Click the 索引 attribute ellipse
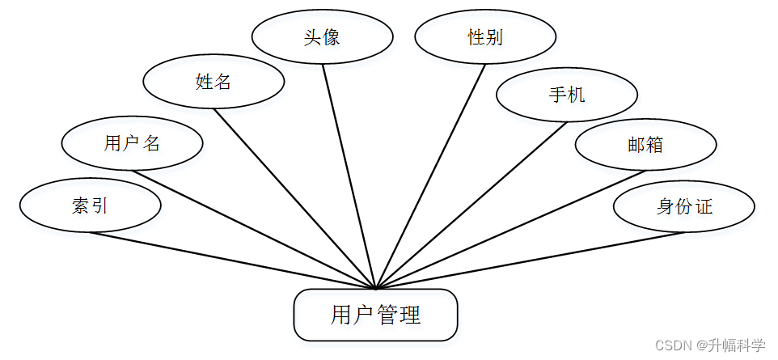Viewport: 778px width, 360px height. pyautogui.click(x=90, y=205)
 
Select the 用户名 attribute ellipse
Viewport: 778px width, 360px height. pyautogui.click(x=132, y=143)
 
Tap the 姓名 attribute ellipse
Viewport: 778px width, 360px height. pyautogui.click(x=214, y=81)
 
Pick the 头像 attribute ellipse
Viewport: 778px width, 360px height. pyautogui.click(x=322, y=37)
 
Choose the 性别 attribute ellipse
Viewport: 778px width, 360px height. pyautogui.click(x=485, y=37)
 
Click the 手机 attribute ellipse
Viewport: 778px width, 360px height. pyautogui.click(x=566, y=95)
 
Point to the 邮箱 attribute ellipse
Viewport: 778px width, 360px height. pyautogui.click(x=645, y=144)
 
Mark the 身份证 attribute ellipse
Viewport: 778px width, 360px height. pyautogui.click(x=684, y=205)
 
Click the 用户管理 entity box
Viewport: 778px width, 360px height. pyautogui.click(x=375, y=315)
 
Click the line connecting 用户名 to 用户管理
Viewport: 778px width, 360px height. pyautogui.click(x=254, y=229)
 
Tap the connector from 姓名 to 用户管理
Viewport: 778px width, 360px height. pyautogui.click(x=295, y=198)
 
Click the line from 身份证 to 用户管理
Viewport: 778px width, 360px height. pyautogui.click(x=530, y=260)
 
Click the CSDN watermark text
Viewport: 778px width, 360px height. pyautogui.click(x=709, y=345)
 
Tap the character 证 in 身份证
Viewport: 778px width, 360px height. pyautogui.click(x=704, y=205)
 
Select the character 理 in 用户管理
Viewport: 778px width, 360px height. pyautogui.click(x=410, y=315)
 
